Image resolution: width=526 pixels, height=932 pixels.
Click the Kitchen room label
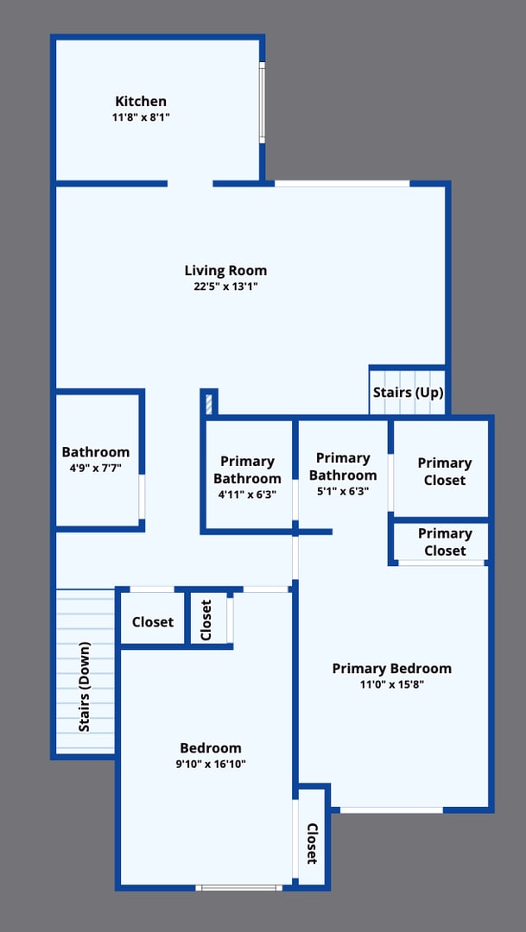(x=141, y=102)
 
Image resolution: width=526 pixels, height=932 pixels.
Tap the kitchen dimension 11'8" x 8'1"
(x=141, y=117)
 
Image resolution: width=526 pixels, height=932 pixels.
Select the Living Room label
(x=225, y=270)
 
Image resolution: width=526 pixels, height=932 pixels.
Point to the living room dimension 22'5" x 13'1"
(x=225, y=287)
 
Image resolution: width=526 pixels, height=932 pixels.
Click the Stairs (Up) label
(x=408, y=393)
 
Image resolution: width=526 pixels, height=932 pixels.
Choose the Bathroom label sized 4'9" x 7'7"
(x=95, y=451)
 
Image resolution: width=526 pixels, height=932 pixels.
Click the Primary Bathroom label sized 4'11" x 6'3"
(x=247, y=469)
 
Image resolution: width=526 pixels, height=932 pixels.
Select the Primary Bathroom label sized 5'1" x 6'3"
(x=343, y=466)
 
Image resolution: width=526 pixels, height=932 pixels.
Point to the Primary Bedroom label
(x=391, y=668)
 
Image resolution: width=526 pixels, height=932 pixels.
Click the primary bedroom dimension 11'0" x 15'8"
(x=391, y=684)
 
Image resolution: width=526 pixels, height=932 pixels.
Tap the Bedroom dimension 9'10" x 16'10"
(x=211, y=764)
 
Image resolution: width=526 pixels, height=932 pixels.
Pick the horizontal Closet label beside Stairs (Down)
(x=153, y=621)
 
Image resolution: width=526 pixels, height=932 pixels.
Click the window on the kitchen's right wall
(x=262, y=101)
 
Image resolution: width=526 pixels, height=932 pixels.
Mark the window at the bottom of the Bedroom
(x=238, y=887)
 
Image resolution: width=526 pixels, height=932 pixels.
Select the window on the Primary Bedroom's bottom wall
(x=391, y=809)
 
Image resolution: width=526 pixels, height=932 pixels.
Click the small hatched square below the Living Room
(x=208, y=403)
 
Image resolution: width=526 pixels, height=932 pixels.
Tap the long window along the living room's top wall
(x=342, y=184)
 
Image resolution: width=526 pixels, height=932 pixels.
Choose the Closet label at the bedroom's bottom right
(x=312, y=843)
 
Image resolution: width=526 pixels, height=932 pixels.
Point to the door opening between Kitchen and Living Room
(x=190, y=184)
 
